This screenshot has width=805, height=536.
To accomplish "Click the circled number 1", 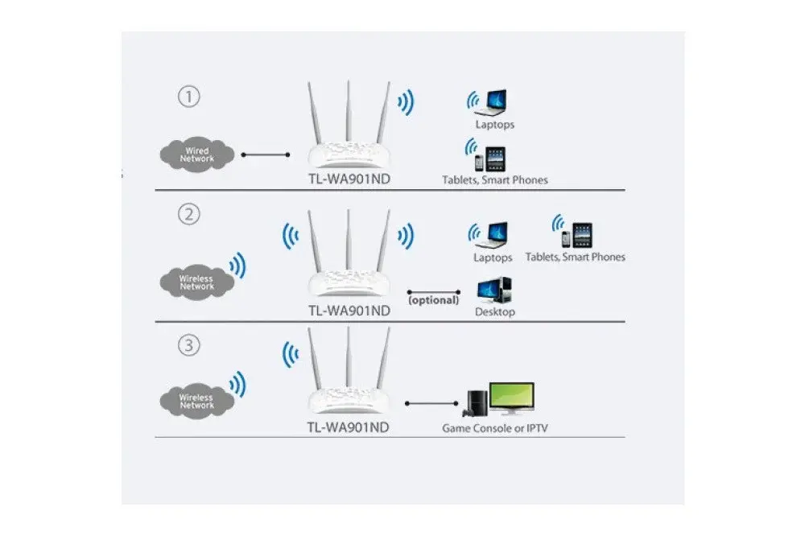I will click(188, 97).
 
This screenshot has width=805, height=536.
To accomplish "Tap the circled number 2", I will click(188, 216).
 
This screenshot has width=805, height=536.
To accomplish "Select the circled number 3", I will click(188, 346).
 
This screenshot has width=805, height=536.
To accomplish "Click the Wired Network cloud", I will click(197, 155).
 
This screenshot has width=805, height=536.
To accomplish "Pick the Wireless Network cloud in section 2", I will click(197, 282).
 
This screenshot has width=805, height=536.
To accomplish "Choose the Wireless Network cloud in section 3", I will click(197, 401).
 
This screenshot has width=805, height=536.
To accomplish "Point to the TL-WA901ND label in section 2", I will click(349, 310).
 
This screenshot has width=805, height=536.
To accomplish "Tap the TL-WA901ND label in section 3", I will click(349, 427).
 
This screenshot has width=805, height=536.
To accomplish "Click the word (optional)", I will click(433, 300).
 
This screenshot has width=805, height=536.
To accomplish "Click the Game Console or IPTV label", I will click(495, 428).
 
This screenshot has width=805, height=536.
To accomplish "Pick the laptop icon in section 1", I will click(494, 102).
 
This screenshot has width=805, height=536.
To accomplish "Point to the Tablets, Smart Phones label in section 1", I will click(494, 180).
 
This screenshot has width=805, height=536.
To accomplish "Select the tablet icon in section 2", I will click(582, 235).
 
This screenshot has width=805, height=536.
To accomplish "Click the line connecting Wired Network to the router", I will click(266, 154).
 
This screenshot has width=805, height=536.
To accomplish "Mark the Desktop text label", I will click(494, 311).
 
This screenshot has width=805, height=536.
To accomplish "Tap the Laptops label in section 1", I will click(494, 125).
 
